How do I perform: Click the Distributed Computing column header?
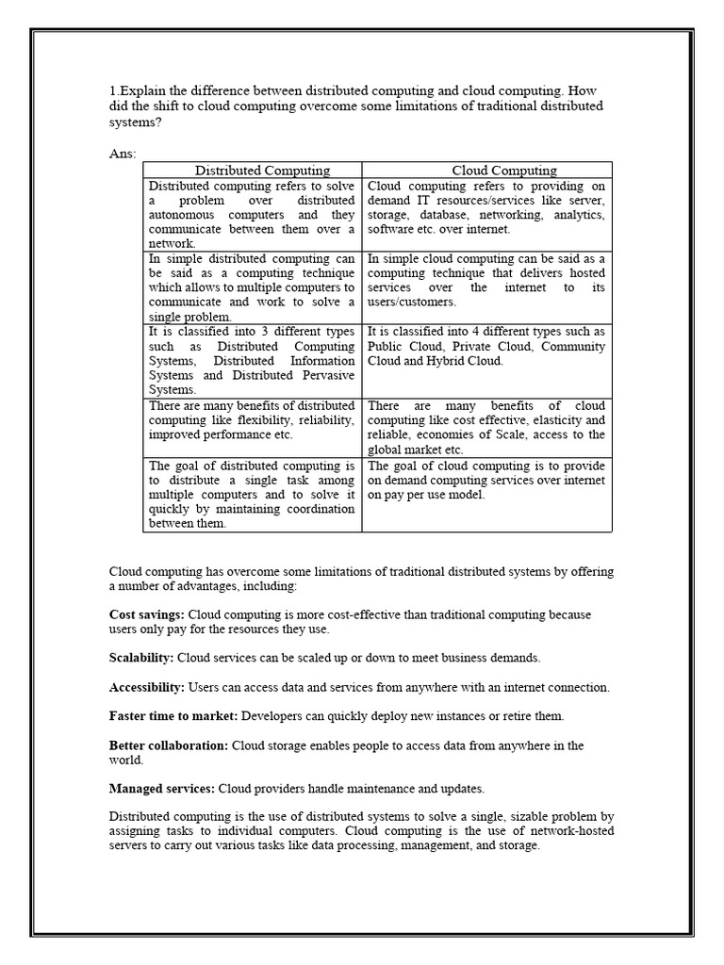(262, 171)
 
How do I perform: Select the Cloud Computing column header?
(504, 171)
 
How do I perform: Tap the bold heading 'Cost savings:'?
(147, 614)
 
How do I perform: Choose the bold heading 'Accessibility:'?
(146, 687)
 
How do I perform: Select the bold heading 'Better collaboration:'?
(169, 745)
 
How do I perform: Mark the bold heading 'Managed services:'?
(161, 788)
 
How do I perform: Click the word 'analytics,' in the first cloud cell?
(578, 215)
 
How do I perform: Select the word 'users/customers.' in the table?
(412, 302)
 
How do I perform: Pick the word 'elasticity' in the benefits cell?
(557, 419)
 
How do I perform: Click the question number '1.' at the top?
(114, 91)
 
